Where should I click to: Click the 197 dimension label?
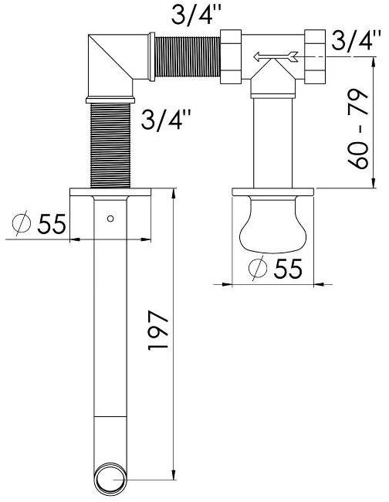(158, 330)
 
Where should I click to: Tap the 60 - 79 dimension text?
(358, 129)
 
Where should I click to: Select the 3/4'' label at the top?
(196, 14)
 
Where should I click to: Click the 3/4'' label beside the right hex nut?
(356, 40)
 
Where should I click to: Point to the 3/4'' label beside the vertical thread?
(166, 120)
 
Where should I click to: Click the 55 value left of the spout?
(52, 223)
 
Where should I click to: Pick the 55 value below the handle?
(288, 268)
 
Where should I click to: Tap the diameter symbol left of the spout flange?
(22, 223)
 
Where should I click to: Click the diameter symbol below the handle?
(258, 268)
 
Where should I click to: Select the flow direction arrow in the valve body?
(276, 56)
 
